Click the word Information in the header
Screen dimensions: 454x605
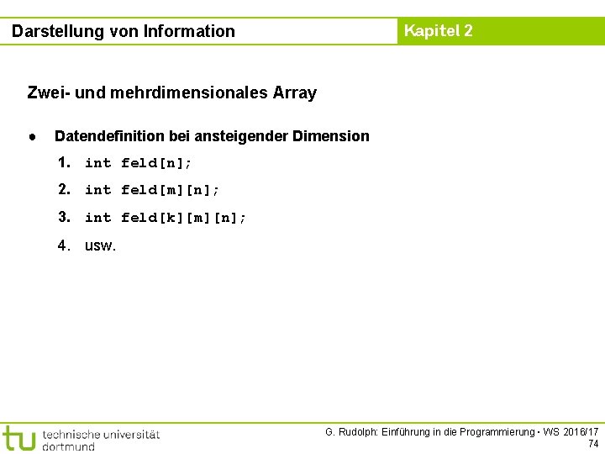coord(190,32)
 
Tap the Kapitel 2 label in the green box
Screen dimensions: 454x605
coord(438,31)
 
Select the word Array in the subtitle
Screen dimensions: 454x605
coord(295,92)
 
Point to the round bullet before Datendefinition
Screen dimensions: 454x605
coord(31,135)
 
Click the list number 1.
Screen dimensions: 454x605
coord(64,162)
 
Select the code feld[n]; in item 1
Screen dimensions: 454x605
coord(156,163)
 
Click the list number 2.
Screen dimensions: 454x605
coord(64,189)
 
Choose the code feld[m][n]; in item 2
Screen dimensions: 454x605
coord(171,190)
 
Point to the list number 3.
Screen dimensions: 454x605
coord(64,217)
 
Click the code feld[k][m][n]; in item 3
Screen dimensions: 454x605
coord(184,218)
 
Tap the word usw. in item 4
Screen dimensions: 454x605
coord(101,246)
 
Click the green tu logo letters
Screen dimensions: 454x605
coord(18,438)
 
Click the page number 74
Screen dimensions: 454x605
coord(593,444)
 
